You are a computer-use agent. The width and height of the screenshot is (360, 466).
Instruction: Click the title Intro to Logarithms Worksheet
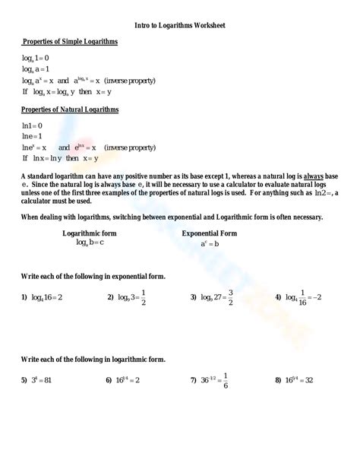point(179,25)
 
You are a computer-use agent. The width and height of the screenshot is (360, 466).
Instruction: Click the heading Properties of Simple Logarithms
point(70,43)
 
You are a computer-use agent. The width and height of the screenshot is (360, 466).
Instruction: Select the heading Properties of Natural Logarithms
point(70,109)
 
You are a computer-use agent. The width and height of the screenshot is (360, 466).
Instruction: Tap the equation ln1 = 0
point(33,125)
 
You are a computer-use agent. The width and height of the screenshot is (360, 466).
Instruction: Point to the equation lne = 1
point(33,136)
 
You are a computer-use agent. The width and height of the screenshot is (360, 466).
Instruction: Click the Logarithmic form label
point(90,233)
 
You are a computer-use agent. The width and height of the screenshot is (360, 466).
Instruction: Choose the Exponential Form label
point(210,233)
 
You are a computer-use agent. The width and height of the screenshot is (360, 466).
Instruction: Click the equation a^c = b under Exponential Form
point(210,244)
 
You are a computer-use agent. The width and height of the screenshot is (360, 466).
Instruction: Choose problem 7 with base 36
point(213,379)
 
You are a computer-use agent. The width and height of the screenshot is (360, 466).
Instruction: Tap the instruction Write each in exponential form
point(93,276)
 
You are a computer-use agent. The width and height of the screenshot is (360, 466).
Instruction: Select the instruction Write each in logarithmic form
point(93,358)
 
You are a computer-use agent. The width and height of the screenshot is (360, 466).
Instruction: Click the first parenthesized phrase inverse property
point(130,80)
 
